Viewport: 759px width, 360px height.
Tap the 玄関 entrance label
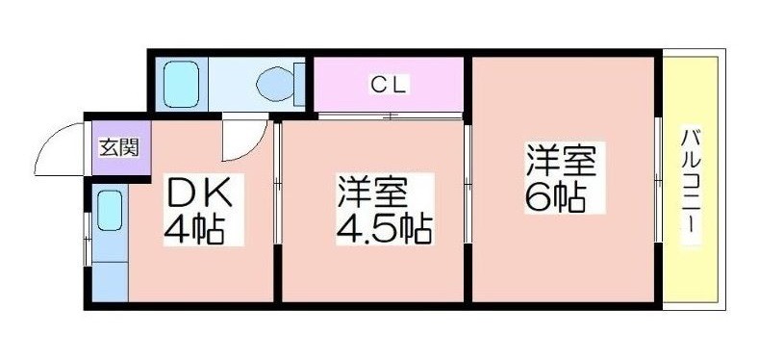[x=118, y=147]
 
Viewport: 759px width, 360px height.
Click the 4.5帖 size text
[x=384, y=229]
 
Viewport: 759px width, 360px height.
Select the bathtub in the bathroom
[x=181, y=85]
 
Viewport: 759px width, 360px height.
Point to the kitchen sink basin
[x=110, y=210]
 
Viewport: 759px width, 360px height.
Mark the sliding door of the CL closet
[x=390, y=116]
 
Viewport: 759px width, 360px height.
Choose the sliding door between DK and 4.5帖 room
[x=277, y=183]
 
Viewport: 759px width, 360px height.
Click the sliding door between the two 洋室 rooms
[x=468, y=183]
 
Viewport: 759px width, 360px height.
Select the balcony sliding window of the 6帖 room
[x=658, y=179]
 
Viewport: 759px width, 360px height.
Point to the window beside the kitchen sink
[x=88, y=239]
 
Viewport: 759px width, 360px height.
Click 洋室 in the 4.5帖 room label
[x=371, y=193]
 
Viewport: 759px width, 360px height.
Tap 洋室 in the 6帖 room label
[x=561, y=161]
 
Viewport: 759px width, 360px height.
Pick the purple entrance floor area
[x=121, y=147]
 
